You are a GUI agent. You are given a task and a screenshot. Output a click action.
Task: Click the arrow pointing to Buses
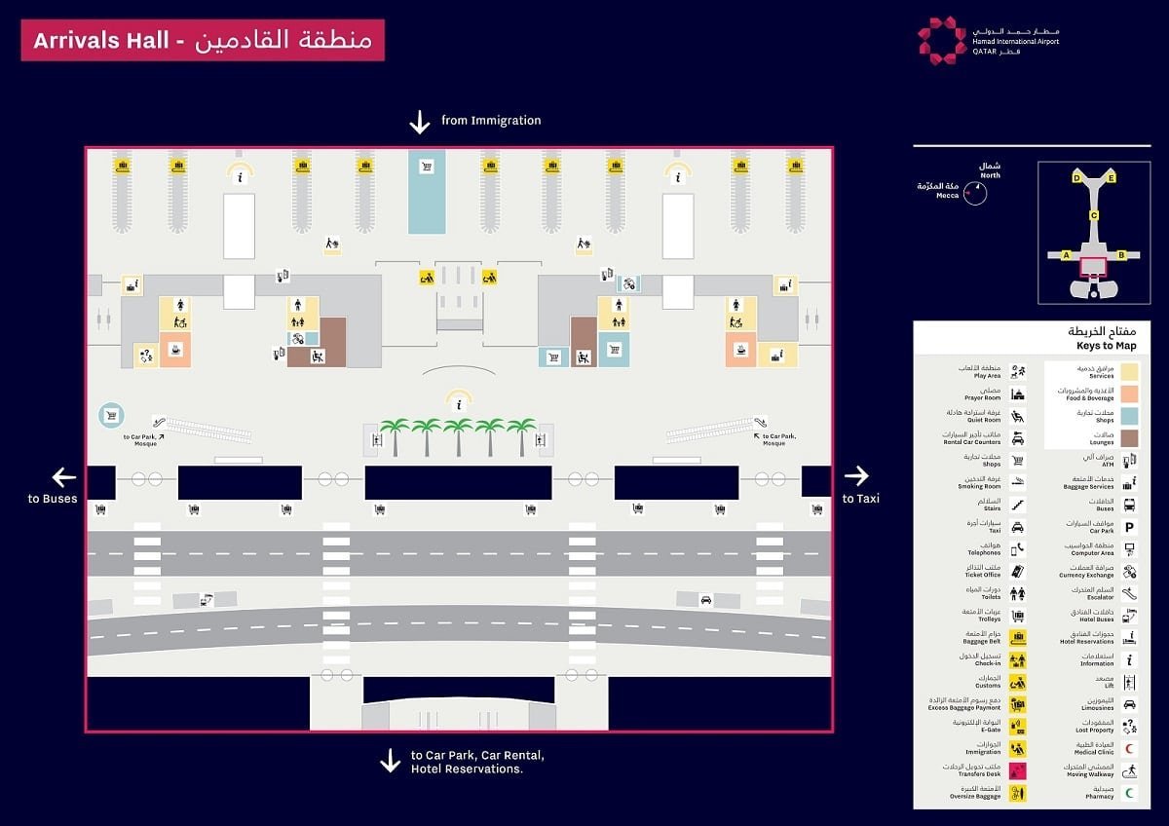64,477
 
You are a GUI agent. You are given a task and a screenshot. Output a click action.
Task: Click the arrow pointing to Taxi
856,475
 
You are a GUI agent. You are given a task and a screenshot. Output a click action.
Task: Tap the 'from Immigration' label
490,121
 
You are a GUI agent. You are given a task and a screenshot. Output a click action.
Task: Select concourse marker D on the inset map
1076,178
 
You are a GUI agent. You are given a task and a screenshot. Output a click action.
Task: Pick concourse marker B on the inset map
1121,255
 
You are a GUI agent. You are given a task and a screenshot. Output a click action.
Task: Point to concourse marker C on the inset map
1094,216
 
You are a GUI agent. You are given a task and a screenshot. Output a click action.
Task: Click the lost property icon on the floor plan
146,355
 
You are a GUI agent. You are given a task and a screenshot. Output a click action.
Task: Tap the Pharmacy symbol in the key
1130,793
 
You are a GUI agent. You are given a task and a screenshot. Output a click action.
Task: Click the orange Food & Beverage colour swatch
1129,394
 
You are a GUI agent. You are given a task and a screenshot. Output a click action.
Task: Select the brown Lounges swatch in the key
1129,437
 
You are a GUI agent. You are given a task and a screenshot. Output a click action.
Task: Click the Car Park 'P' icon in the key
1130,527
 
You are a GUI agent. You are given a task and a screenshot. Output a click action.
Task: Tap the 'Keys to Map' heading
1106,346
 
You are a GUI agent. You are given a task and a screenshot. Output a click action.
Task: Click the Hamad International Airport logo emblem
942,40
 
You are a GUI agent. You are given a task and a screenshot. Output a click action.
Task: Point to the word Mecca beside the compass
947,196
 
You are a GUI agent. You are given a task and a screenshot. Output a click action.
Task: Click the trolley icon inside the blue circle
111,416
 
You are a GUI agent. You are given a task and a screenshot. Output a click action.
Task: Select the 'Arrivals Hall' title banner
203,41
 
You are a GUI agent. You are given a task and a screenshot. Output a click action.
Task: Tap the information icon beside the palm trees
458,403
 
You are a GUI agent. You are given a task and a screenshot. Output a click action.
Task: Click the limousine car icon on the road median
706,600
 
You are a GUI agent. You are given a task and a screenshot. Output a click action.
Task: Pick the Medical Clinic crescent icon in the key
1130,749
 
